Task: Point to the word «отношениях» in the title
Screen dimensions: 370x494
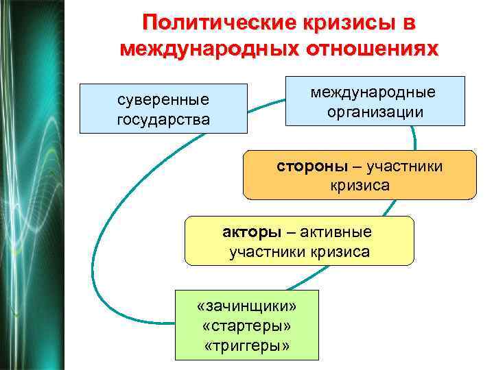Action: click(371, 49)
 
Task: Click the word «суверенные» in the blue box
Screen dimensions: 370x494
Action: click(163, 100)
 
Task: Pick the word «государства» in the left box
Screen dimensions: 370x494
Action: click(163, 119)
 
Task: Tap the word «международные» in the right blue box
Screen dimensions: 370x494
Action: click(373, 92)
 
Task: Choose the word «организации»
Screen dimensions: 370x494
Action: click(373, 112)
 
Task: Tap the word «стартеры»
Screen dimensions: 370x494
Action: click(246, 323)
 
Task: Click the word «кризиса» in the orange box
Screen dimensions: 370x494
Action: click(360, 186)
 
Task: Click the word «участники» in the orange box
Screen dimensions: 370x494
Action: click(405, 166)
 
